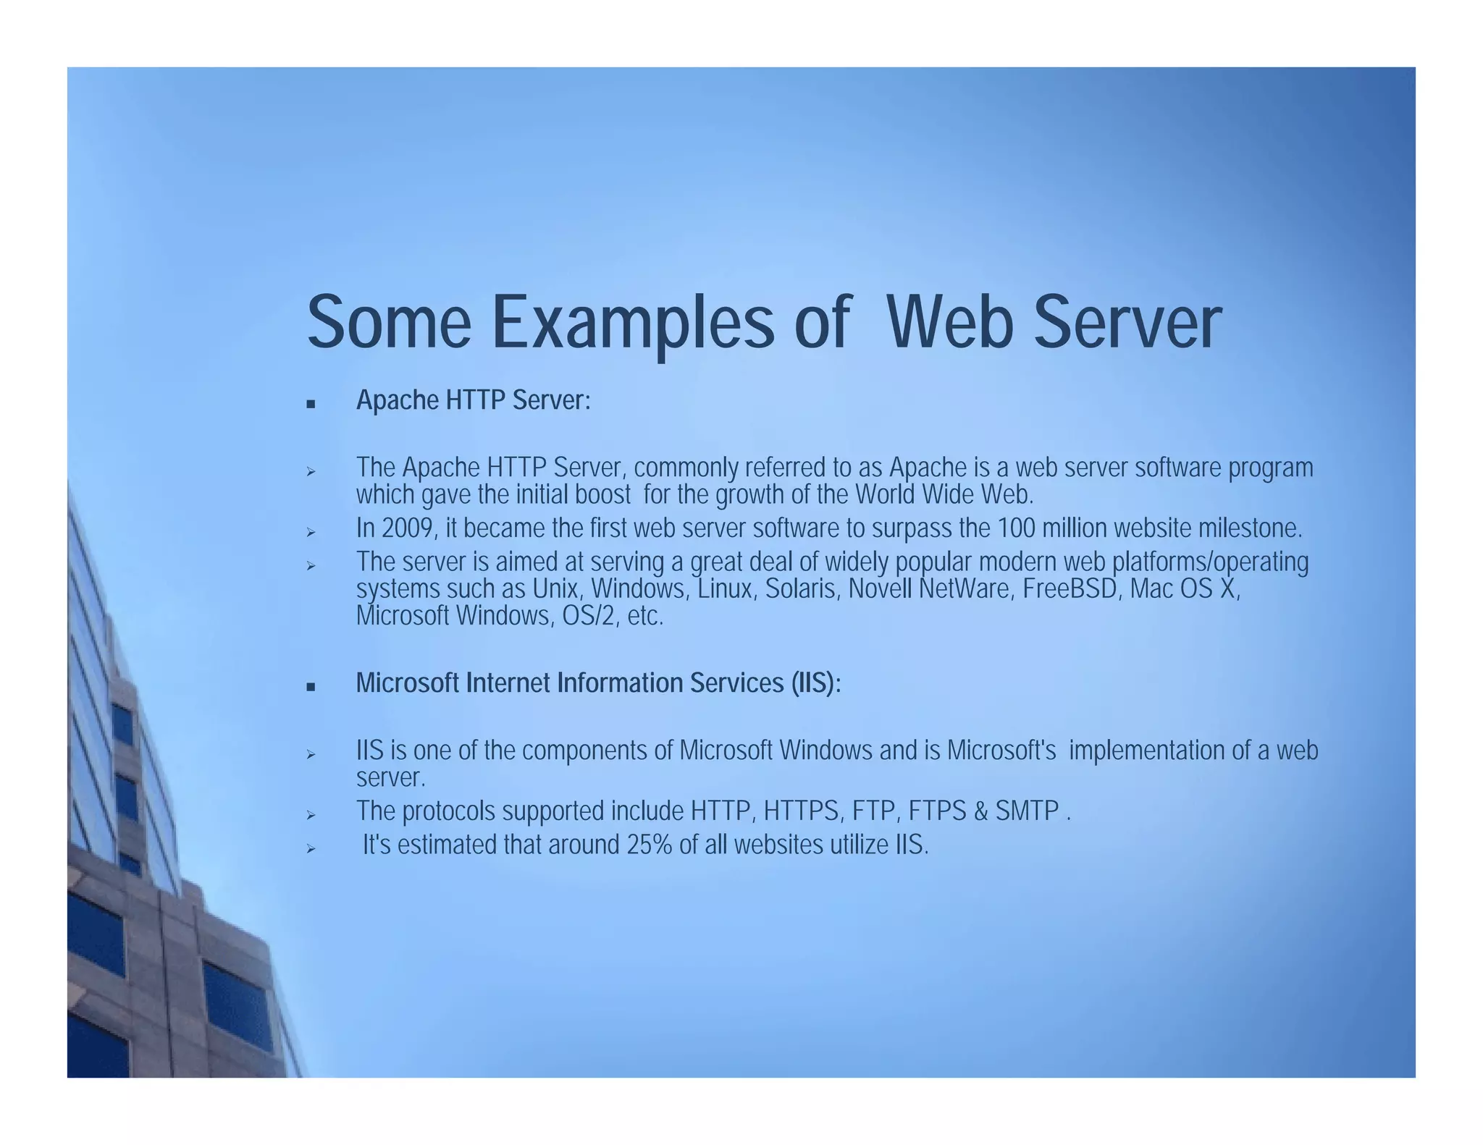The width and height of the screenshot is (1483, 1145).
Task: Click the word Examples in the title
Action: point(632,323)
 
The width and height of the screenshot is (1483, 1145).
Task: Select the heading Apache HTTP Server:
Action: point(473,400)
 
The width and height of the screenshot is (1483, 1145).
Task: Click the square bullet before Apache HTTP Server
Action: point(311,404)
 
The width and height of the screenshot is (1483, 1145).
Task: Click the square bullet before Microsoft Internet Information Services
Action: point(311,687)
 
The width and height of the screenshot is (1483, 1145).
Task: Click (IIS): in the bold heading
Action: point(815,683)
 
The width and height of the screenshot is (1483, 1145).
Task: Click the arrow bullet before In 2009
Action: point(311,533)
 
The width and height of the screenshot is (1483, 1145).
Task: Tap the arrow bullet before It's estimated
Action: point(311,848)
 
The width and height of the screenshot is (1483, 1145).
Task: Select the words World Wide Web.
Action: point(943,495)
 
